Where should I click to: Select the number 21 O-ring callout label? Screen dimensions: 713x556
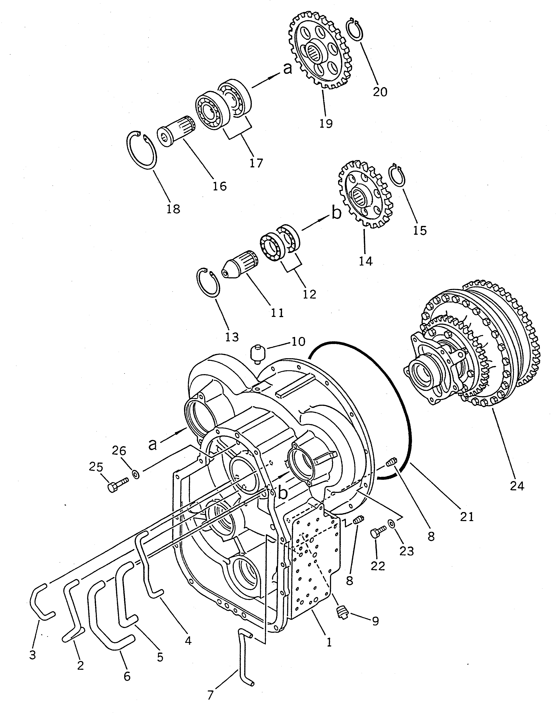click(466, 517)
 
